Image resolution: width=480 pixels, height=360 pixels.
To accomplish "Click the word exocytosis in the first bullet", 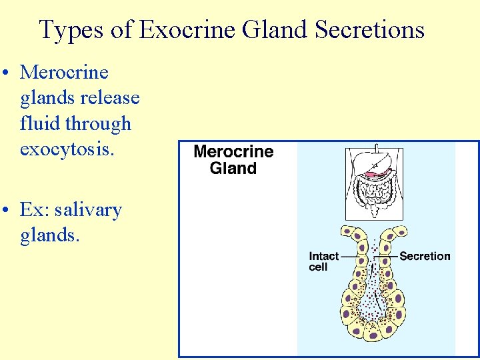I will tap(67, 149).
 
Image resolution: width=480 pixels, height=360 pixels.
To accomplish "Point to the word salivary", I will tap(88, 210).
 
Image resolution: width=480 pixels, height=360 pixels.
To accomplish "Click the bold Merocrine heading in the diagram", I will tap(233, 151).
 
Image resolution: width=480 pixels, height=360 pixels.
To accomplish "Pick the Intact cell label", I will tap(324, 261).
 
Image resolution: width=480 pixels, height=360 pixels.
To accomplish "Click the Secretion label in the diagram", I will tap(425, 256).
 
